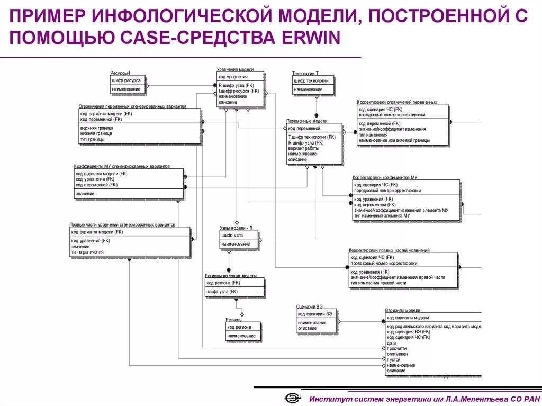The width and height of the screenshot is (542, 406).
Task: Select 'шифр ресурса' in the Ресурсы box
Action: pyautogui.click(x=125, y=80)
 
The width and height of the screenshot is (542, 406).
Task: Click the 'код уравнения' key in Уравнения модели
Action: pyautogui.click(x=233, y=77)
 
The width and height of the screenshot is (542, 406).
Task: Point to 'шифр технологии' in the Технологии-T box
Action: pyautogui.click(x=311, y=81)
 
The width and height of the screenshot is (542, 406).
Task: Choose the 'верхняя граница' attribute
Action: pyautogui.click(x=97, y=128)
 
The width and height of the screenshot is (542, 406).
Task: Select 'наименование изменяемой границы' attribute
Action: pyautogui.click(x=394, y=140)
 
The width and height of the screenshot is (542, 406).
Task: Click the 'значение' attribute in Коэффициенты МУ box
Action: pyautogui.click(x=85, y=194)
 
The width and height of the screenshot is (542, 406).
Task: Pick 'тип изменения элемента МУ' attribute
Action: pyautogui.click(x=382, y=216)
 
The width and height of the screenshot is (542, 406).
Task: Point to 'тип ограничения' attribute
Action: pyautogui.click(x=87, y=252)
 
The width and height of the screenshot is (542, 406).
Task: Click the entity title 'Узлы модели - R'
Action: pyautogui.click(x=236, y=228)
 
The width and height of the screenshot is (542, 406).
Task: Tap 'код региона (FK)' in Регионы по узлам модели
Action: pyautogui.click(x=222, y=283)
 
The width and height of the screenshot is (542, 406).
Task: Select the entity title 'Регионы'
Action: pyautogui.click(x=234, y=320)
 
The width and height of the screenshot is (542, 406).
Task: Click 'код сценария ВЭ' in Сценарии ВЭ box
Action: pyautogui.click(x=315, y=314)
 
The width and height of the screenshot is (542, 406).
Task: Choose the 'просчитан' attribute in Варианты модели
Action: pyautogui.click(x=398, y=349)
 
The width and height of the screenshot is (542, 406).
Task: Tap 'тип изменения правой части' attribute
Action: pyautogui.click(x=378, y=283)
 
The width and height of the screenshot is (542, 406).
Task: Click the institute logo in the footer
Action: pyautogui.click(x=292, y=398)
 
